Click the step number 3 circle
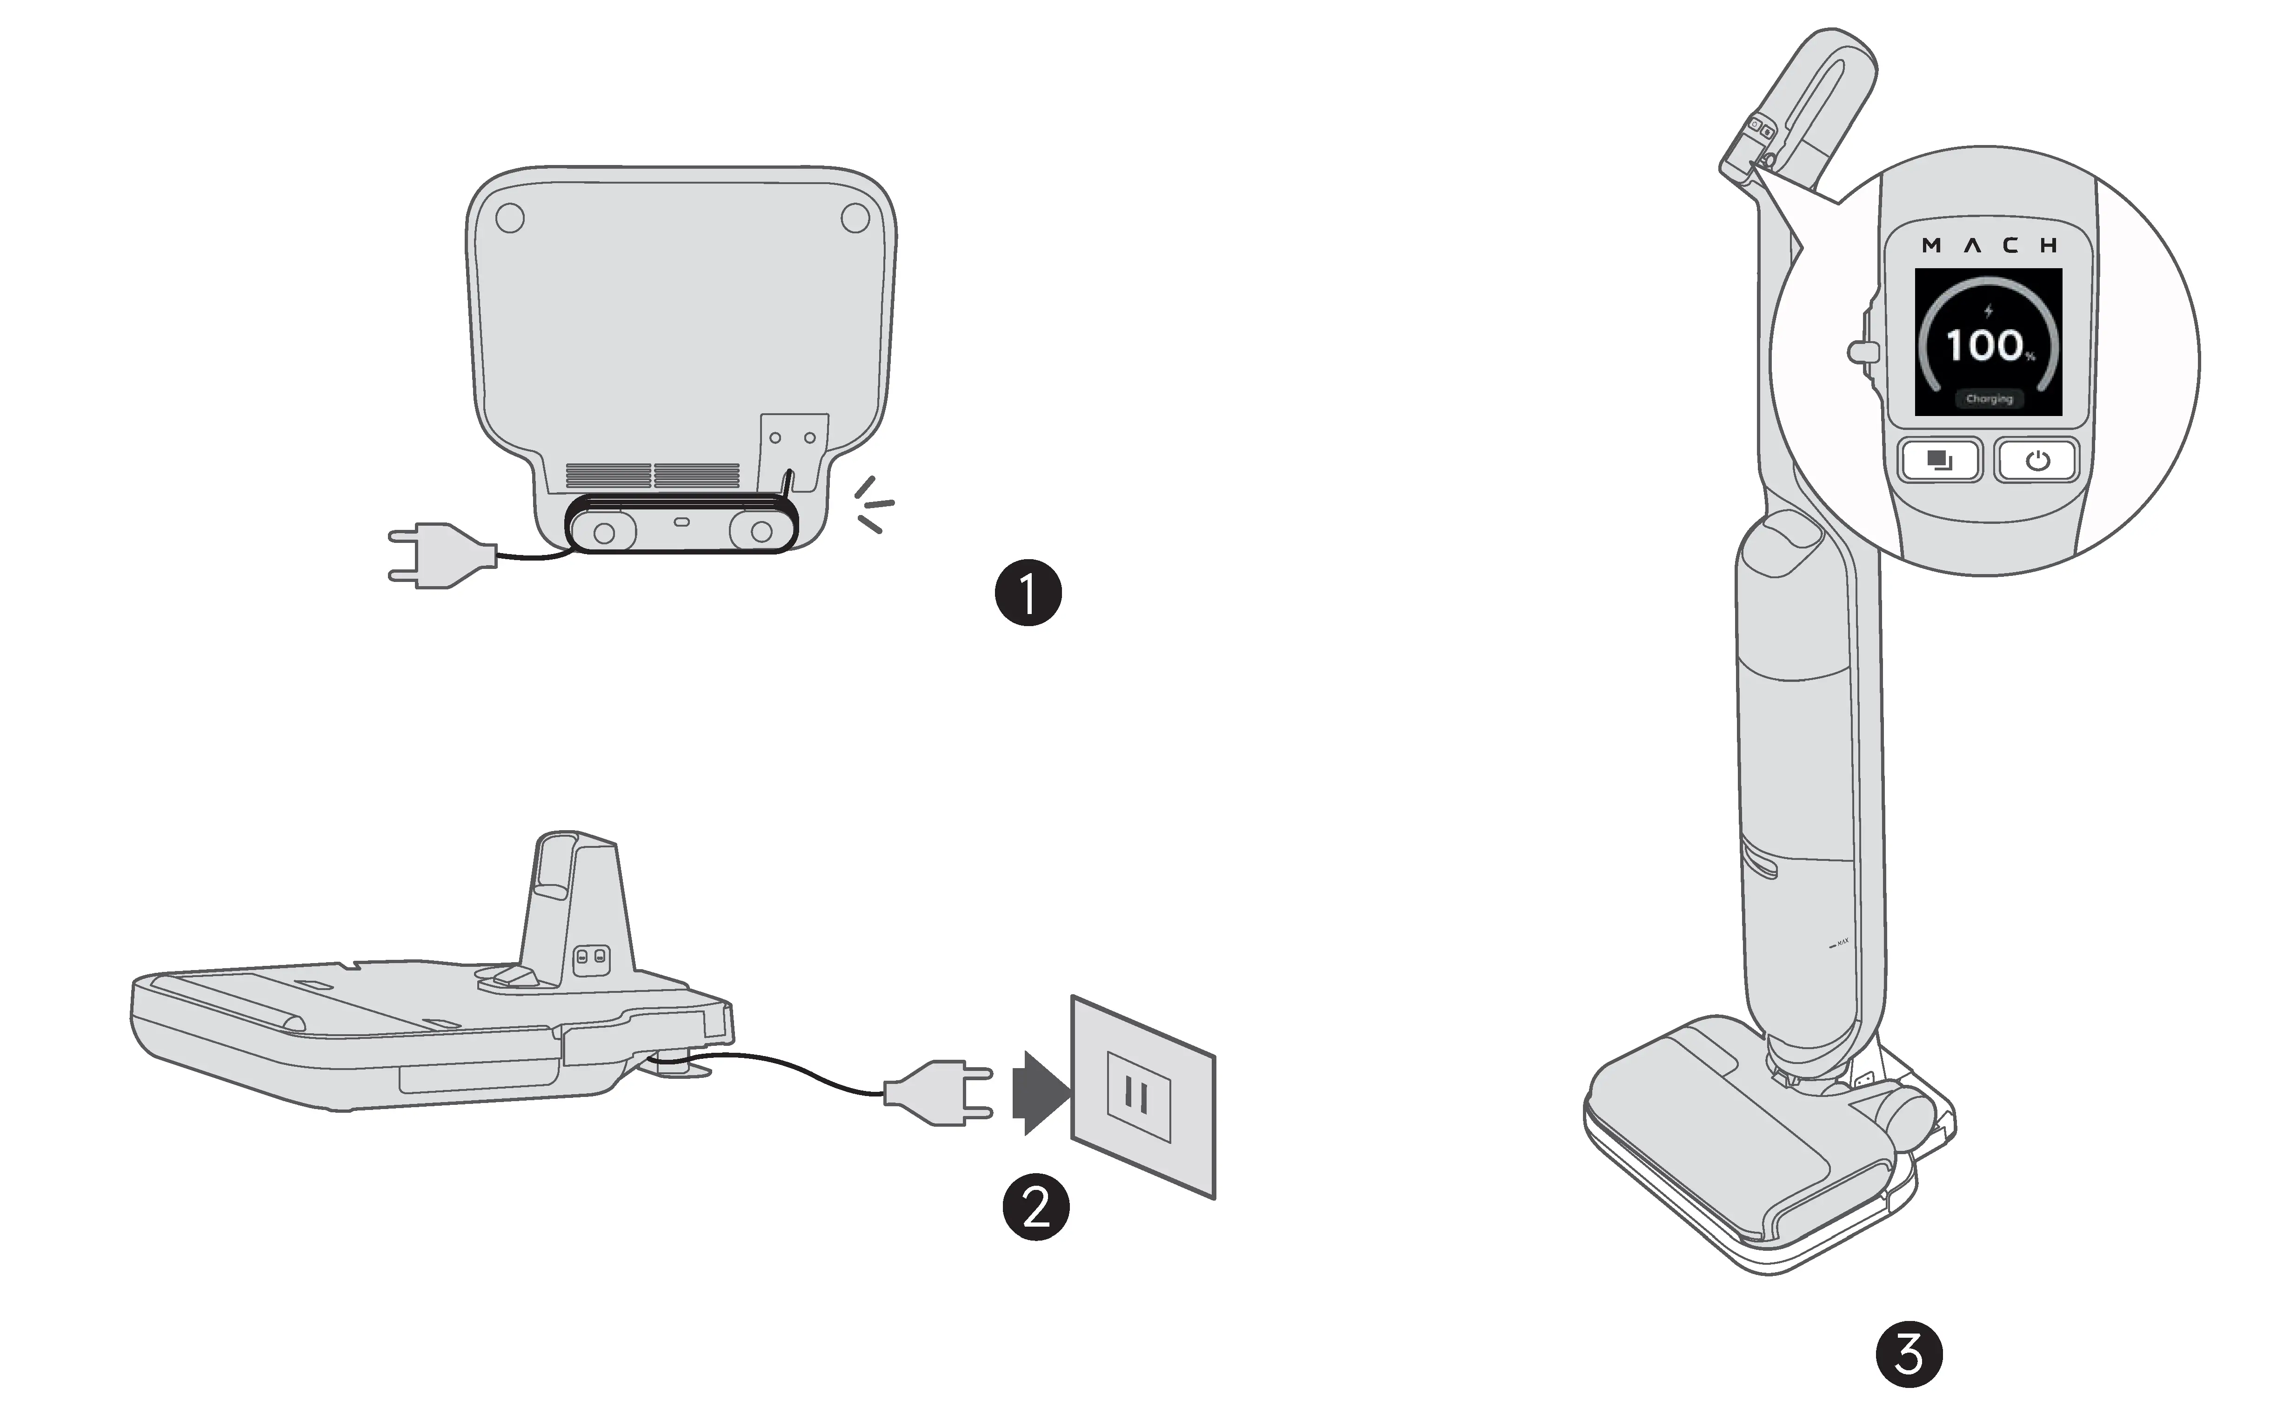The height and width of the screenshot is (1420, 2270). click(x=1908, y=1354)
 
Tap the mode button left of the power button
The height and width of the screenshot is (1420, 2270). click(x=1939, y=460)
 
